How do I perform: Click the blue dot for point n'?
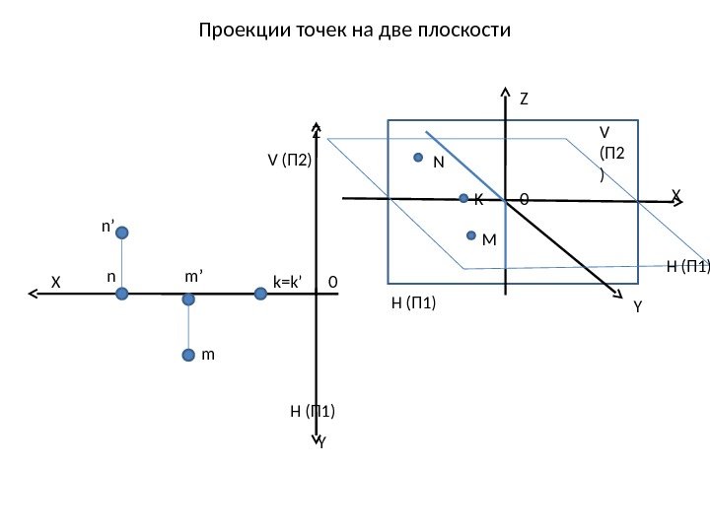122,233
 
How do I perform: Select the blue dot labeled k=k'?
260,292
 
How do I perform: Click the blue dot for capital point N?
418,158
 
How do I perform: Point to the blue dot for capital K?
464,199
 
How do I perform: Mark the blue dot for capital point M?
472,236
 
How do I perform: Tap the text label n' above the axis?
107,226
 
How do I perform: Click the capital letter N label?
438,164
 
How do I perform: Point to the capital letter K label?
478,200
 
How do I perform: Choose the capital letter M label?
489,239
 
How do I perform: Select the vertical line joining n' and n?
122,262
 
